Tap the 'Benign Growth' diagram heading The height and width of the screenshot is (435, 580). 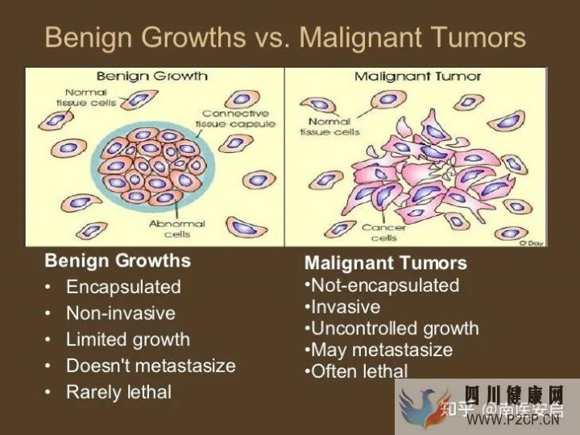tap(152, 77)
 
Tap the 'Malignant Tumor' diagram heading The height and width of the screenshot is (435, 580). tap(418, 77)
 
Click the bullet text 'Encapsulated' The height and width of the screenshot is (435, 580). tap(123, 287)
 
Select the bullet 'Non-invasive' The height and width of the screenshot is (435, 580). tap(120, 313)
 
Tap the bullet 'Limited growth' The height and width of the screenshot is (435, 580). tap(128, 339)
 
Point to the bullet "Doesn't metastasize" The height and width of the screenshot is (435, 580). tap(151, 366)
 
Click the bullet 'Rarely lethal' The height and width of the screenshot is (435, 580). tap(118, 392)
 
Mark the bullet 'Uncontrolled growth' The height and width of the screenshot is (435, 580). tap(394, 329)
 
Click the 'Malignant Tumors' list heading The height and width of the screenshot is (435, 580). tap(385, 263)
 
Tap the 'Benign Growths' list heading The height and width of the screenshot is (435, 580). tap(118, 261)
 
